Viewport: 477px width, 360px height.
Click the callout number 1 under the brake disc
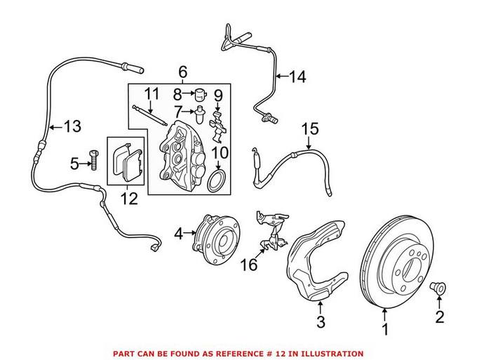pos(384,328)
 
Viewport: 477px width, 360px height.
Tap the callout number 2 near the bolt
pos(440,318)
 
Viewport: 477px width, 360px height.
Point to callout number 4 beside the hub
pos(179,233)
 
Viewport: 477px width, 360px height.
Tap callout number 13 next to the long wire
pos(72,127)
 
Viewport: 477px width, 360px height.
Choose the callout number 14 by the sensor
pos(298,76)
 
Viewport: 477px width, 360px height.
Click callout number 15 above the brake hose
pos(310,129)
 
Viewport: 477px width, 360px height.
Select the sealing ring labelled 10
pos(218,182)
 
